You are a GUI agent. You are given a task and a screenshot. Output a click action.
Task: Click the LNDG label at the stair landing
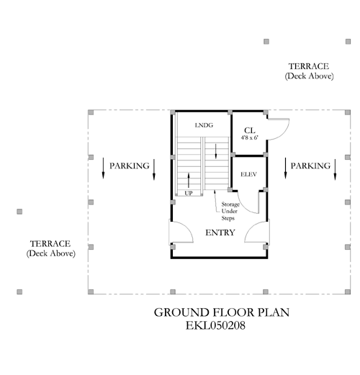point(204,125)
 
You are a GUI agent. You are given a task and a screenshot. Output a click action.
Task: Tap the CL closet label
point(250,130)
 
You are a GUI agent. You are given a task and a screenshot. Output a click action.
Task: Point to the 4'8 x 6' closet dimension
point(250,137)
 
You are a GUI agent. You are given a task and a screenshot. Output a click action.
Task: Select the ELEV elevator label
point(248,174)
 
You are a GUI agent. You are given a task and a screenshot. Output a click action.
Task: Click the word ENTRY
point(220,232)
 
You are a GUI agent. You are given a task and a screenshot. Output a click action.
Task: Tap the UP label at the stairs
point(189,193)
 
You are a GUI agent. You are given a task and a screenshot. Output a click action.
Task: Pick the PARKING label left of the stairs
point(130,166)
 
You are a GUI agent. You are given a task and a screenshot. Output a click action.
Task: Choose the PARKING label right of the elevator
point(310,166)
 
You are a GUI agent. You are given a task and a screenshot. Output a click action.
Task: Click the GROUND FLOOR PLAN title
point(222,312)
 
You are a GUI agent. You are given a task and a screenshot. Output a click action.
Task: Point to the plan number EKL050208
point(215,325)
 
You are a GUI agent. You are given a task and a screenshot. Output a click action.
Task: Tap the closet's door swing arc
point(284,134)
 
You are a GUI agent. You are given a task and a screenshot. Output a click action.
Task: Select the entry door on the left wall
point(181,232)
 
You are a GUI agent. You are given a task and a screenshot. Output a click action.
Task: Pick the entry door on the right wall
point(257,232)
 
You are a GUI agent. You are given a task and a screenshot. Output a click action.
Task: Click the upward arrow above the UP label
point(189,180)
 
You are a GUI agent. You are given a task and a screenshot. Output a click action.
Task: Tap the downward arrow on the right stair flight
point(216,151)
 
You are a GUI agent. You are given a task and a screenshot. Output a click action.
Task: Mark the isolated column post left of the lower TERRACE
point(19,212)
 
